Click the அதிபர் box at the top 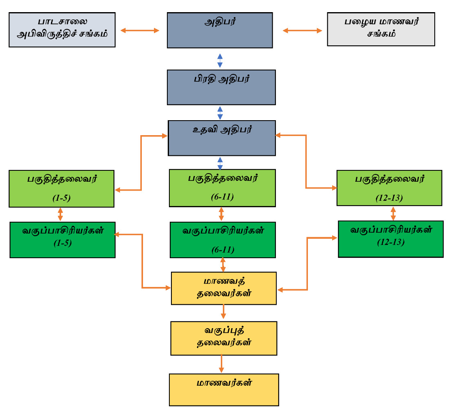coord(220,30)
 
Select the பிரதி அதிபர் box coord(221,87)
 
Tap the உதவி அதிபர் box coord(222,138)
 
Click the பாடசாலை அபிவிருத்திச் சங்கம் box coord(62,30)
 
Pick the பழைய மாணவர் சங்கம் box coord(381,29)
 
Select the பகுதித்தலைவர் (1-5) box coord(62,189)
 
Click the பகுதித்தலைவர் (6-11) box coord(222,188)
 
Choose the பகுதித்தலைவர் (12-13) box coord(389,188)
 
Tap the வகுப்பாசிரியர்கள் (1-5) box coord(62,240)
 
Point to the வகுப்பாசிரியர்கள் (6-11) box coord(223,240)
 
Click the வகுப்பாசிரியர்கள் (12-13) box coord(391,239)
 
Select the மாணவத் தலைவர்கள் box coord(224,288)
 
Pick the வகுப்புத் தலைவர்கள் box coord(224,338)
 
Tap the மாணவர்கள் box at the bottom coord(224,390)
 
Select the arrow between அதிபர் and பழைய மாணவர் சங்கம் coord(302,30)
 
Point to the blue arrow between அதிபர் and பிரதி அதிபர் coord(220,60)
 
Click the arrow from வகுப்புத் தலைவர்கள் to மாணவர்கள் coord(221,364)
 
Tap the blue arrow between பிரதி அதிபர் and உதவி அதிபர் coord(220,113)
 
